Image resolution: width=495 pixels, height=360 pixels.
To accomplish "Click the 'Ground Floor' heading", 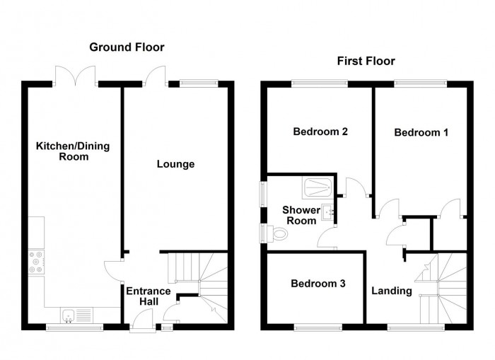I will click(127, 47).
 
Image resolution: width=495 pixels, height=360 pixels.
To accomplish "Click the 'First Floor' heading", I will click(366, 62).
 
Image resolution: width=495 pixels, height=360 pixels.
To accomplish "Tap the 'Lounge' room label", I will click(175, 164).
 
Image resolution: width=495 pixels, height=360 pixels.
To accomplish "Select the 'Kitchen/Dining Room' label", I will click(74, 151).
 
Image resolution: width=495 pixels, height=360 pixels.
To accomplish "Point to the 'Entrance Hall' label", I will click(148, 296).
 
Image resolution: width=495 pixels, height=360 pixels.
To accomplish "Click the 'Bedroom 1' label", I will click(421, 132).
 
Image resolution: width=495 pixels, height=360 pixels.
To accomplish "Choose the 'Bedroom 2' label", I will click(320, 131).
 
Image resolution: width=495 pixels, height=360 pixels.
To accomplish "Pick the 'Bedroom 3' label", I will click(318, 284).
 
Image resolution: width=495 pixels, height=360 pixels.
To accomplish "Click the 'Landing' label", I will click(392, 290).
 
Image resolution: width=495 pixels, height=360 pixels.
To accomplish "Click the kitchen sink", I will click(70, 315).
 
